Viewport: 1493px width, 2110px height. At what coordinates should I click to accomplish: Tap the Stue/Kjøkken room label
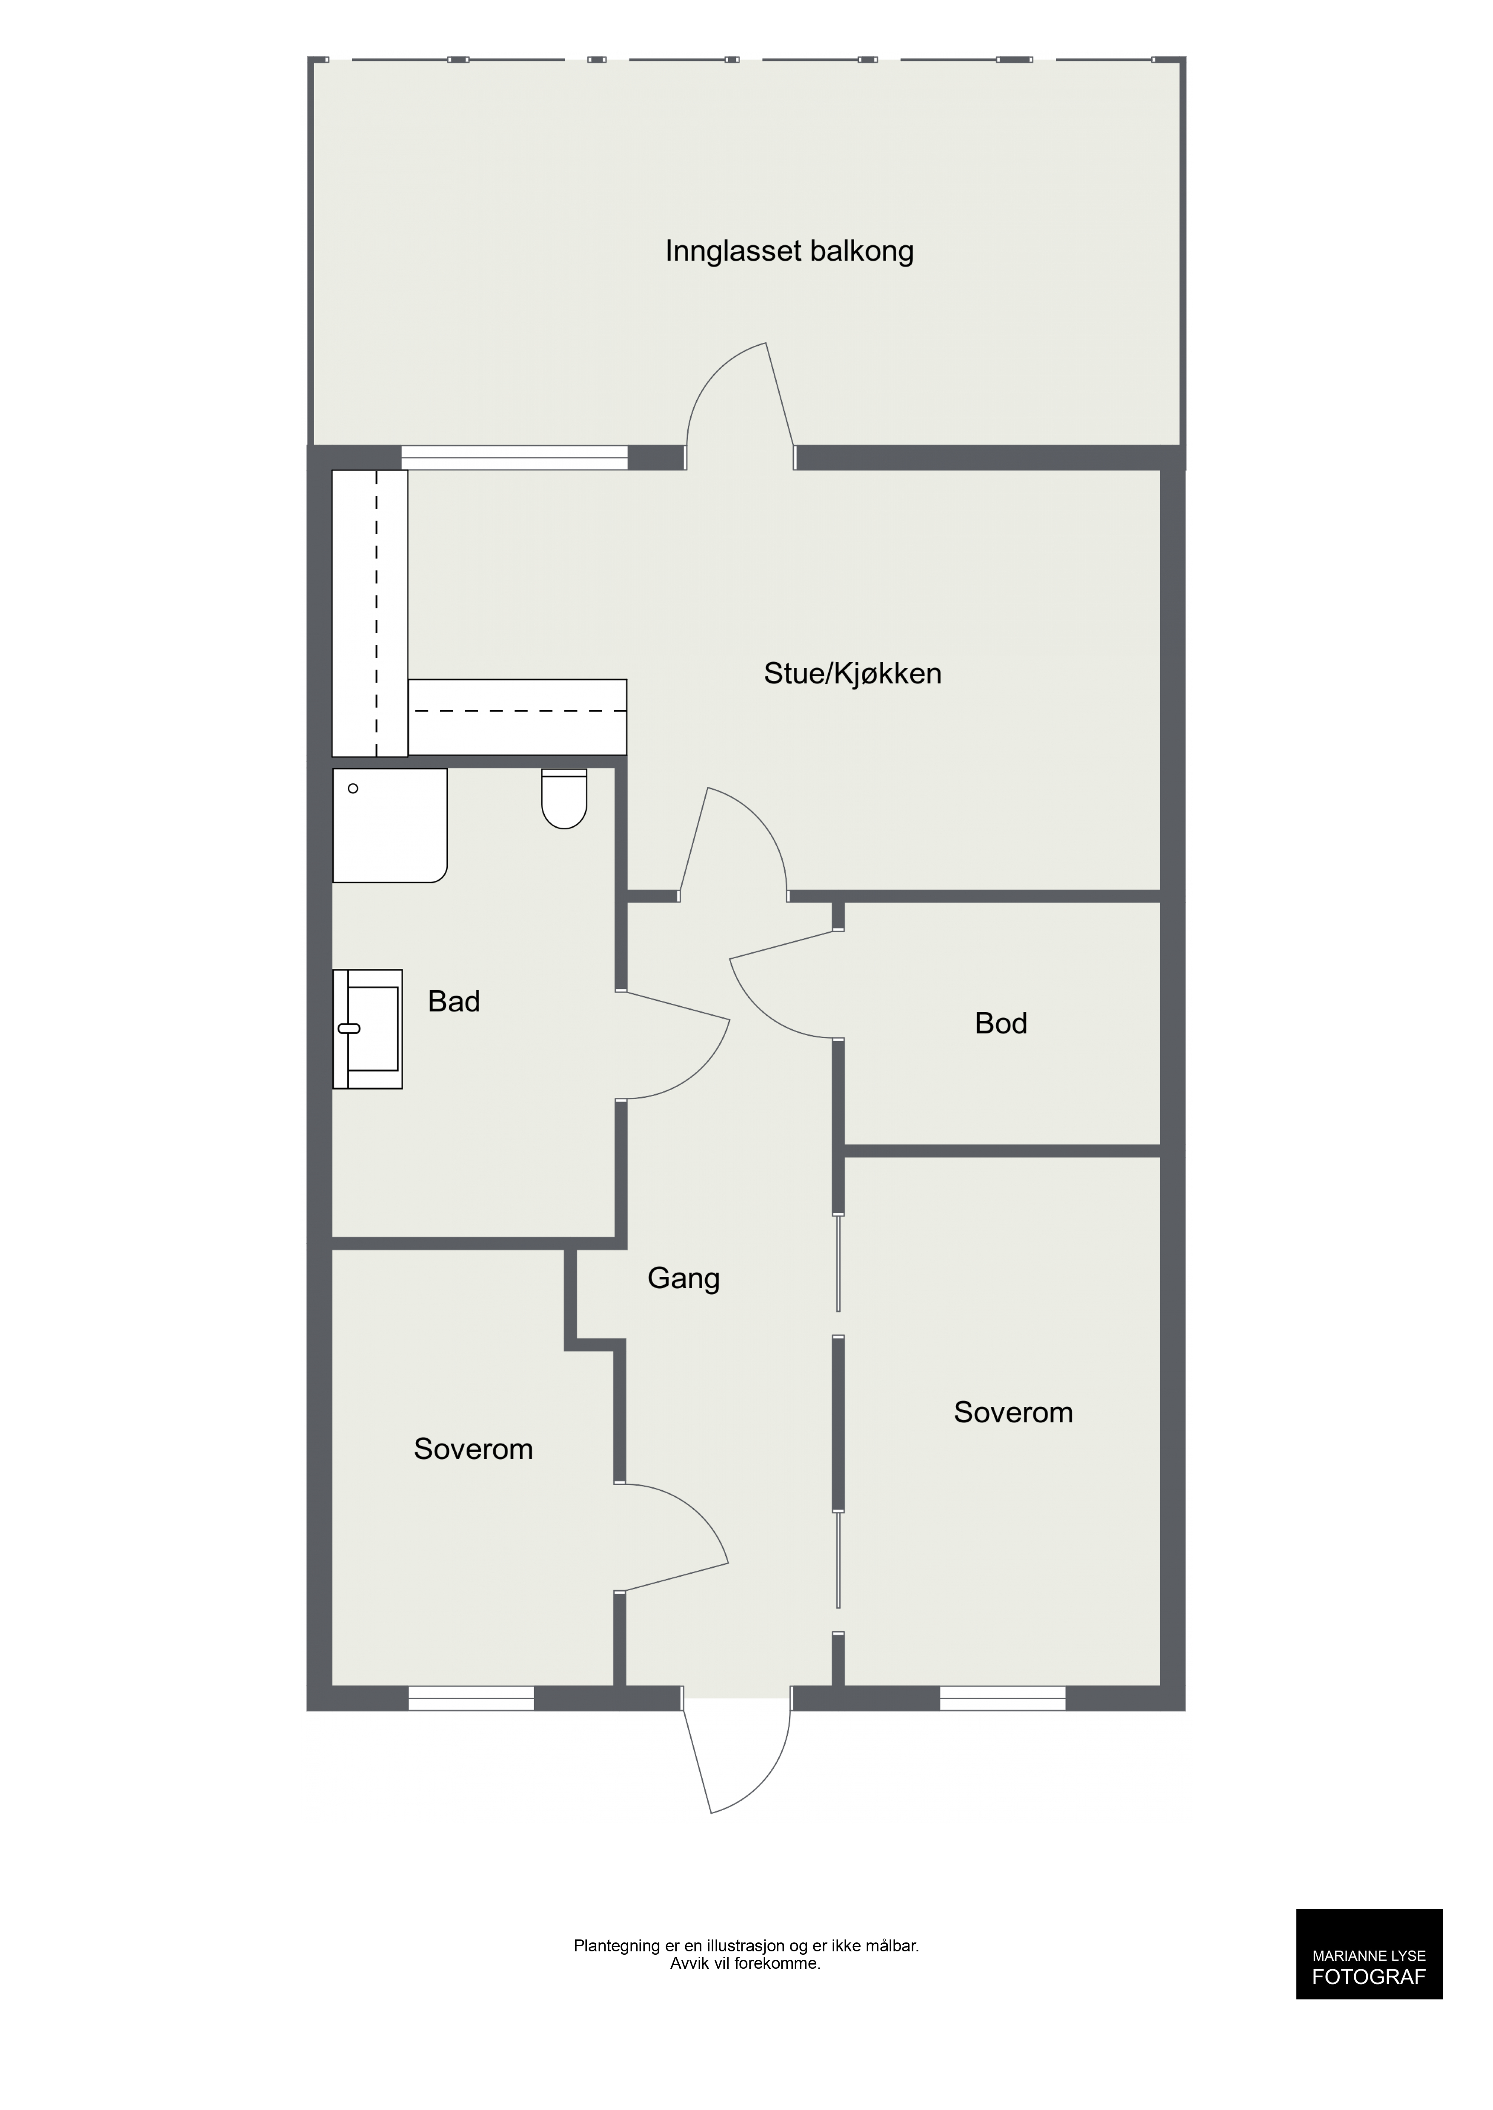click(x=852, y=674)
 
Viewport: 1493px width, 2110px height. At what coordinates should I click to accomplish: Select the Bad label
click(x=454, y=1001)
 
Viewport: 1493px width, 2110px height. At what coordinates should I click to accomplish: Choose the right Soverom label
click(x=1013, y=1412)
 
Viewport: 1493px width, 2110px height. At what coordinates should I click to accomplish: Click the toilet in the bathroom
click(x=564, y=799)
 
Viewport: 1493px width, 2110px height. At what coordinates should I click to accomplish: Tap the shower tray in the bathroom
click(x=390, y=825)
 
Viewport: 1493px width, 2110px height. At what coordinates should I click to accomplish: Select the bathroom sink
click(x=368, y=1029)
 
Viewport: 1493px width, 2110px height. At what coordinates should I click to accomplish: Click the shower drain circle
click(x=353, y=789)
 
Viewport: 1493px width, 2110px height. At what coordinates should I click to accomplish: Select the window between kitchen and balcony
click(x=515, y=458)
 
